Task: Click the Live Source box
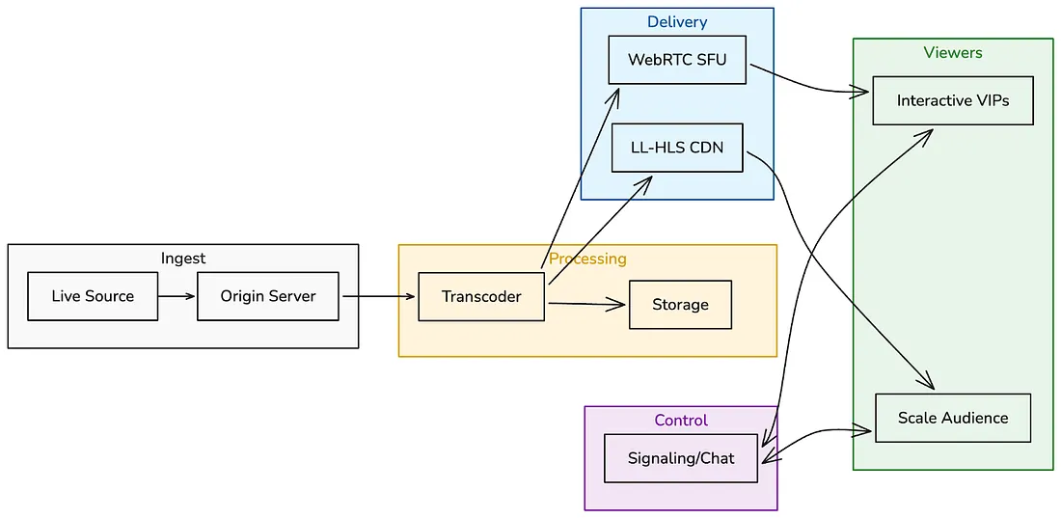pyautogui.click(x=93, y=296)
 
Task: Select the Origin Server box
pyautogui.click(x=268, y=296)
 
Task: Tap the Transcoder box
pyautogui.click(x=481, y=296)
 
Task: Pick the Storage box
pyautogui.click(x=680, y=305)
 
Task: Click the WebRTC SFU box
pyautogui.click(x=677, y=60)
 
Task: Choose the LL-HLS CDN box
pyautogui.click(x=677, y=148)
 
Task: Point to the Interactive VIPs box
pyautogui.click(x=953, y=100)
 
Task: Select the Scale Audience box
pyautogui.click(x=953, y=418)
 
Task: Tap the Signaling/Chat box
pyautogui.click(x=681, y=458)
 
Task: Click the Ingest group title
pyautogui.click(x=183, y=259)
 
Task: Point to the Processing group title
pyautogui.click(x=587, y=259)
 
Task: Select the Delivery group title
pyautogui.click(x=677, y=22)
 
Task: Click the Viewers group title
pyautogui.click(x=953, y=53)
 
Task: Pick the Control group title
pyautogui.click(x=681, y=421)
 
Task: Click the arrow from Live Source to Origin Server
pyautogui.click(x=177, y=296)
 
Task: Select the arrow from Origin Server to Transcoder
pyautogui.click(x=378, y=296)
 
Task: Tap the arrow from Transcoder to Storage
pyautogui.click(x=586, y=305)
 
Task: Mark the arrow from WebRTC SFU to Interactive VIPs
pyautogui.click(x=810, y=88)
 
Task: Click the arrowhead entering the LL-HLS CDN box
pyautogui.click(x=645, y=180)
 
